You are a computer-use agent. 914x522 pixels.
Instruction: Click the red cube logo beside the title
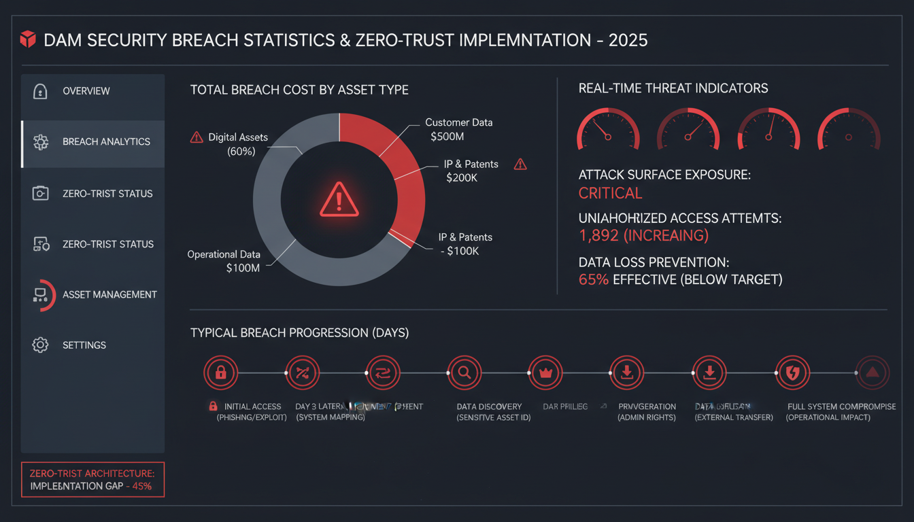tap(27, 39)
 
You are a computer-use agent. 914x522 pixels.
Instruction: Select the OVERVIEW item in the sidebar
tap(86, 91)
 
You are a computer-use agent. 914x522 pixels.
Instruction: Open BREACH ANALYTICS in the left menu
tap(106, 142)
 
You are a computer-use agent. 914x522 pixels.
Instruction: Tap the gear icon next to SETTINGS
tap(40, 345)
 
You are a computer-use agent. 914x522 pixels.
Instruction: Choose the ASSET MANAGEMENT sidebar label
tap(109, 295)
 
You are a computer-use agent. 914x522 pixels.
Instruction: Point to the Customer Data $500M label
tap(458, 129)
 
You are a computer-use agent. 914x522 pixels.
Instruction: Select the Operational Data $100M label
tap(224, 261)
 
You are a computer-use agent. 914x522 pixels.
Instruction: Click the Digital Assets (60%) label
tap(237, 144)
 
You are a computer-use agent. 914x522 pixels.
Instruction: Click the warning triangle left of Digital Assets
tap(197, 138)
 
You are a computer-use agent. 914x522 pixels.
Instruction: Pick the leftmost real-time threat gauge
tap(608, 129)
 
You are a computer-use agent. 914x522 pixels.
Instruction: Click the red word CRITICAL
tap(610, 193)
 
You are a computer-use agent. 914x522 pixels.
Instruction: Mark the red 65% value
tap(593, 279)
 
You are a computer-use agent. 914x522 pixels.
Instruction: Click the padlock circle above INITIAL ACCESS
tap(220, 372)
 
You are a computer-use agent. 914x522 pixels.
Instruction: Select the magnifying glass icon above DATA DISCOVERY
tap(464, 372)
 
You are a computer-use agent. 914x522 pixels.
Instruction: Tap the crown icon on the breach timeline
tap(544, 372)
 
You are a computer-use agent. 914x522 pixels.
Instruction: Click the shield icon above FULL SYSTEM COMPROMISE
tap(792, 372)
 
